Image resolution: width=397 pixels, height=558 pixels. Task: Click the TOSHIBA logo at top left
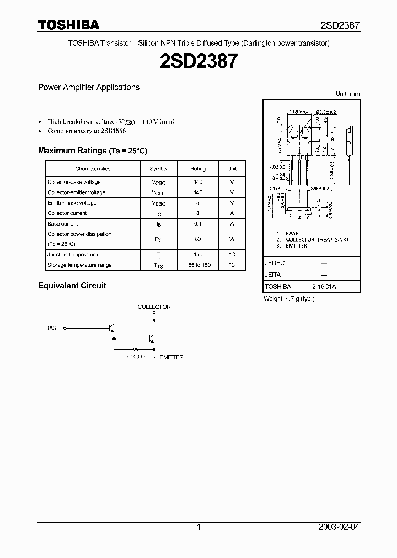(68, 25)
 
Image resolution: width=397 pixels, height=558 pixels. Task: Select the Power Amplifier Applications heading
(88, 87)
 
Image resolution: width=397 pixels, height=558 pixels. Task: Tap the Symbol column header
(158, 169)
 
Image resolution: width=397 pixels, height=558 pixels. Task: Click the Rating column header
(198, 169)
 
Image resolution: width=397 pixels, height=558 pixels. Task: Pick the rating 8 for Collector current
(198, 213)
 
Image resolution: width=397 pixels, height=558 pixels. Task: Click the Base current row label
(63, 224)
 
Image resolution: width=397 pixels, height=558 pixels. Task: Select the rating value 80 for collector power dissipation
(198, 239)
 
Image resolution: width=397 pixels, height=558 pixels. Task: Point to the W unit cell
(232, 239)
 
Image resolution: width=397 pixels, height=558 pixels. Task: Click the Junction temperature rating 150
(198, 255)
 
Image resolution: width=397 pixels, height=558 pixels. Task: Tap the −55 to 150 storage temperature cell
(198, 265)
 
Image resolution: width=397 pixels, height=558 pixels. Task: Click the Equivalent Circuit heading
(72, 286)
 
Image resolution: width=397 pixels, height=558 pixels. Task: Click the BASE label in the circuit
(52, 328)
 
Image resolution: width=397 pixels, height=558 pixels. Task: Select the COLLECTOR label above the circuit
(154, 307)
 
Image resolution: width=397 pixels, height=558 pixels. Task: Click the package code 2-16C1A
(324, 287)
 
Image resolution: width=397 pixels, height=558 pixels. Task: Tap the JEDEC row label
(275, 264)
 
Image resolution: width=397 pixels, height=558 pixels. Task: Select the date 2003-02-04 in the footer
(339, 527)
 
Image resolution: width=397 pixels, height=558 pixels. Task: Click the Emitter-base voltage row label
(72, 203)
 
